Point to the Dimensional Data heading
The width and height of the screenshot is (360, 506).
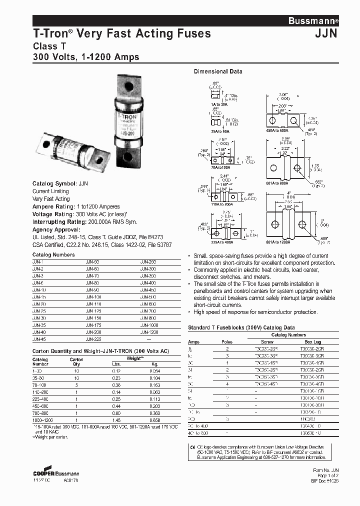point(218,71)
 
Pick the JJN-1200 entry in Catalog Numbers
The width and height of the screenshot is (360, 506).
point(148,332)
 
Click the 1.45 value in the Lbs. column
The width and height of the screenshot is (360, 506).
point(116,420)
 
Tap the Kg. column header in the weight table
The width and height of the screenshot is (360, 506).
point(155,363)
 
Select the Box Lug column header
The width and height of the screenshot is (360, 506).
point(310,341)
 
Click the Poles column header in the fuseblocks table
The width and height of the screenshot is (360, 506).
point(227,341)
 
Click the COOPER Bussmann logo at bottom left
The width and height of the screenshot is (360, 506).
point(55,471)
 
